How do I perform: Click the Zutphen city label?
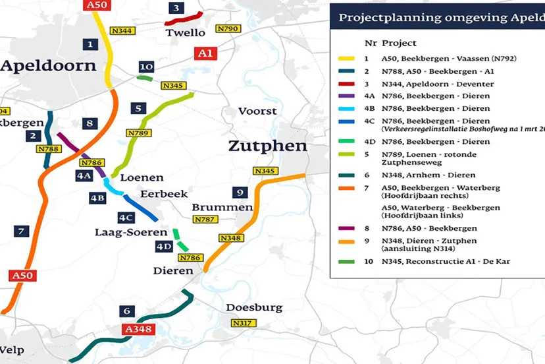[267, 146]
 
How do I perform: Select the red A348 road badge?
[137, 329]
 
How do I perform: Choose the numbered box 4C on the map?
[126, 218]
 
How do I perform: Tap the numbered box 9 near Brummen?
[240, 193]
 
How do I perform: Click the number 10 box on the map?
[146, 67]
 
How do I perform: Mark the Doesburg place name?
[254, 307]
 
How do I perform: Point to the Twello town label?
[186, 32]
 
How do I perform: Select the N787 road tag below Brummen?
[206, 219]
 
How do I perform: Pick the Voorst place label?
[257, 111]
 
